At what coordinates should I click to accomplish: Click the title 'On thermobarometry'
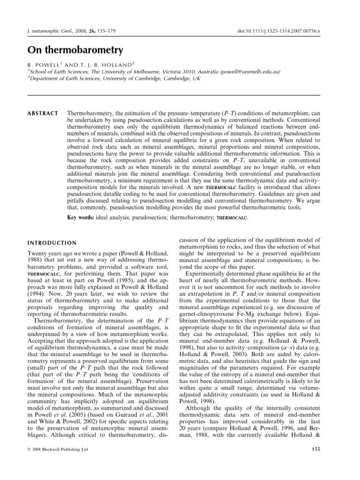(x=71, y=49)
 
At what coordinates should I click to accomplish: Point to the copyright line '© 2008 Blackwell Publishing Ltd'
(x=54, y=450)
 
